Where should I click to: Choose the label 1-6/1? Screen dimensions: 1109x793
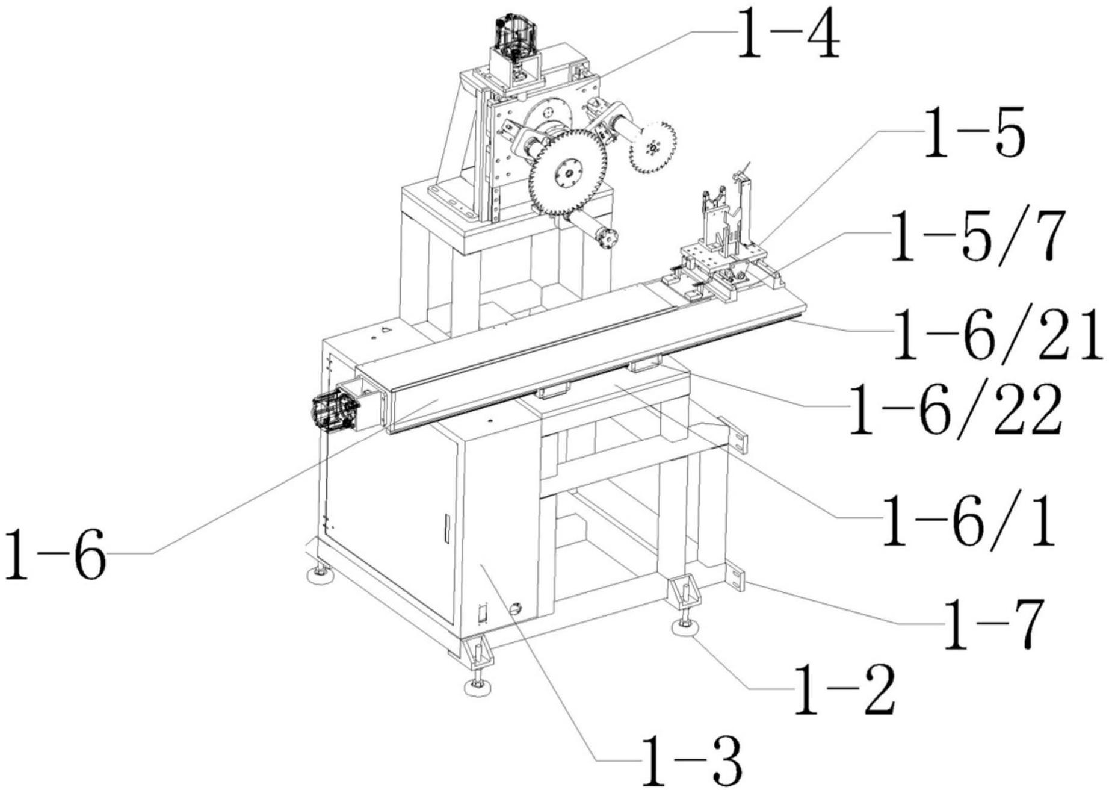[x=968, y=520]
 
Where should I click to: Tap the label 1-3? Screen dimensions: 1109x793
[x=691, y=761]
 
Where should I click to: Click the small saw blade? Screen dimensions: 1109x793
[x=652, y=148]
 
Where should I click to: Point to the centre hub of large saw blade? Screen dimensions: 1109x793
[x=567, y=173]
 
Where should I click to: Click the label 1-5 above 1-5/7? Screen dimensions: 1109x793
[x=974, y=133]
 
